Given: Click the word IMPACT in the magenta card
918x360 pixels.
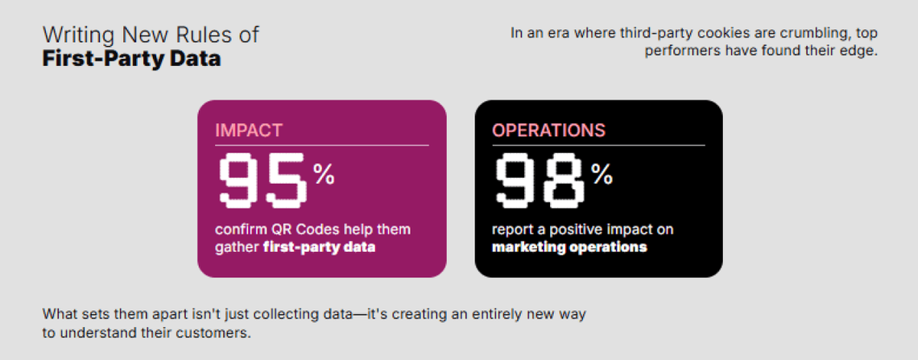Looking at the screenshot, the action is [249, 130].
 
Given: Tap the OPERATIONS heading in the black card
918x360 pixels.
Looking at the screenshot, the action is [548, 130].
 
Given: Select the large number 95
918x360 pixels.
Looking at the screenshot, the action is [263, 181].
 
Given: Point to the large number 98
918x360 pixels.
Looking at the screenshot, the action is [540, 181].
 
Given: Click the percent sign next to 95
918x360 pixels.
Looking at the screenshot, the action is [323, 174].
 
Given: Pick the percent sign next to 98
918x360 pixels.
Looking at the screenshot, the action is [602, 174].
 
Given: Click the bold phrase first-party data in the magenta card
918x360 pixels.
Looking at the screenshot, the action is [319, 247].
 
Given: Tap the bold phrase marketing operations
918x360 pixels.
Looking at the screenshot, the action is [569, 246].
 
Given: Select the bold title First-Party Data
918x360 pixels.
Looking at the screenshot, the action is [132, 59].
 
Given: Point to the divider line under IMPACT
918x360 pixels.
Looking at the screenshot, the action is [322, 145].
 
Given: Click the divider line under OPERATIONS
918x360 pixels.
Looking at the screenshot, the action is [599, 145].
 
